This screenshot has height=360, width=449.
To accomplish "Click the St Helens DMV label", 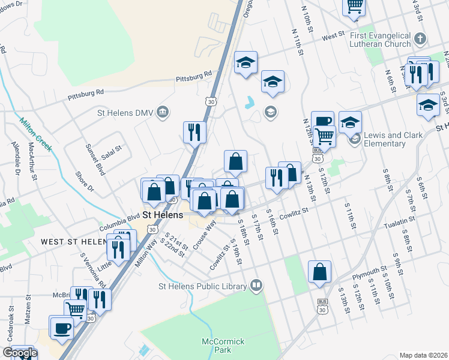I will pyautogui.click(x=124, y=112).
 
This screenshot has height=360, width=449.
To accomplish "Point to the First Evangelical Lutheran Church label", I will pyautogui.click(x=380, y=40).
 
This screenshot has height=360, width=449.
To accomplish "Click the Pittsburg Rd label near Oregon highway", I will pyautogui.click(x=194, y=77).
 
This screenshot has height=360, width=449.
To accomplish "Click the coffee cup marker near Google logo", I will pyautogui.click(x=62, y=328).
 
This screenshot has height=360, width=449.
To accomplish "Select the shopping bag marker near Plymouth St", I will pyautogui.click(x=319, y=271).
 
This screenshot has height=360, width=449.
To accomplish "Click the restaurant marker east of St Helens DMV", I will pyautogui.click(x=194, y=132).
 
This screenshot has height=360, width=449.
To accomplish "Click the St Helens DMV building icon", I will pyautogui.click(x=162, y=112).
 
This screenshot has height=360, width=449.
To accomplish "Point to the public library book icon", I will pyautogui.click(x=257, y=285).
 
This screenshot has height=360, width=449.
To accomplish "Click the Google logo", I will pyautogui.click(x=20, y=353).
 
